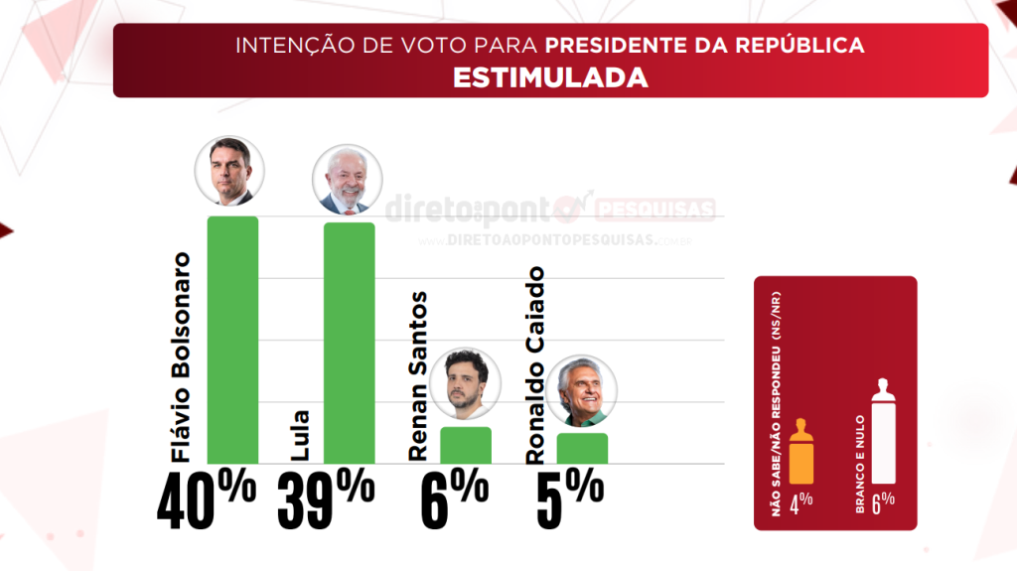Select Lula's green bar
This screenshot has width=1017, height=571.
(x=349, y=343)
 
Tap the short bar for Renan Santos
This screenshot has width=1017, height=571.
(x=466, y=445)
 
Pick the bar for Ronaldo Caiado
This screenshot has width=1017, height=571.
(x=582, y=448)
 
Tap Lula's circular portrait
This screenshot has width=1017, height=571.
(x=347, y=179)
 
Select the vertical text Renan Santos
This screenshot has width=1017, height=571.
(x=418, y=375)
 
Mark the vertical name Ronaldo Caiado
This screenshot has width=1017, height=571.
(x=535, y=364)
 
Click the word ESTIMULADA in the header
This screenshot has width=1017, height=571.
(x=550, y=77)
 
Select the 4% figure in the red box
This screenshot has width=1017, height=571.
(x=801, y=500)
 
